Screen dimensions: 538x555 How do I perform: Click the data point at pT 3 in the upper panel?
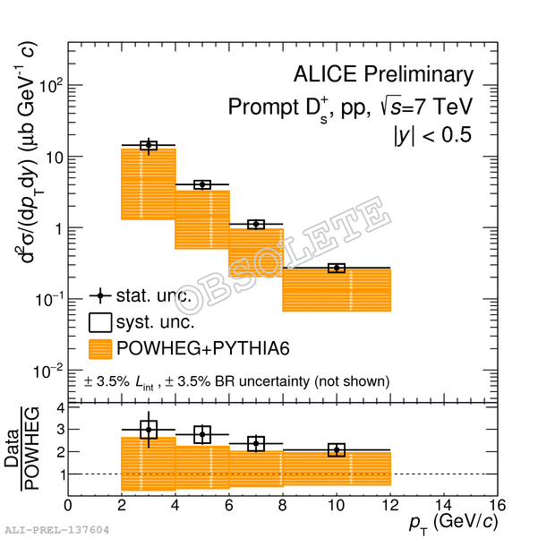coord(149,145)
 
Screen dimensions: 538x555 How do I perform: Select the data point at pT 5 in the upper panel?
coord(202,184)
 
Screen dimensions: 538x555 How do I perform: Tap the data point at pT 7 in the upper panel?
coord(256,224)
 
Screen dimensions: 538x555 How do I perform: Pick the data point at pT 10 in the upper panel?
coord(337,268)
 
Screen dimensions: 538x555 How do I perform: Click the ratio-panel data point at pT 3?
coord(149,430)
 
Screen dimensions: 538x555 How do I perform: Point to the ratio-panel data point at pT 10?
coord(337,449)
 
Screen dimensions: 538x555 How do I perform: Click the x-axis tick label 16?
coord(498,504)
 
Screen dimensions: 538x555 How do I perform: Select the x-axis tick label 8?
coord(283,504)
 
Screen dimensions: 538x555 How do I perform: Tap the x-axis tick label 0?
coord(68,504)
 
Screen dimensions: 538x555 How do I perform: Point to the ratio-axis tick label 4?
coord(59,407)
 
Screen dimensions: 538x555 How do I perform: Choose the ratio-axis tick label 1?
coord(59,474)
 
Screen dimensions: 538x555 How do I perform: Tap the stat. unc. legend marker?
coord(100,295)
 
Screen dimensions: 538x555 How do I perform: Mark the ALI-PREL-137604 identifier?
coord(56,530)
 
